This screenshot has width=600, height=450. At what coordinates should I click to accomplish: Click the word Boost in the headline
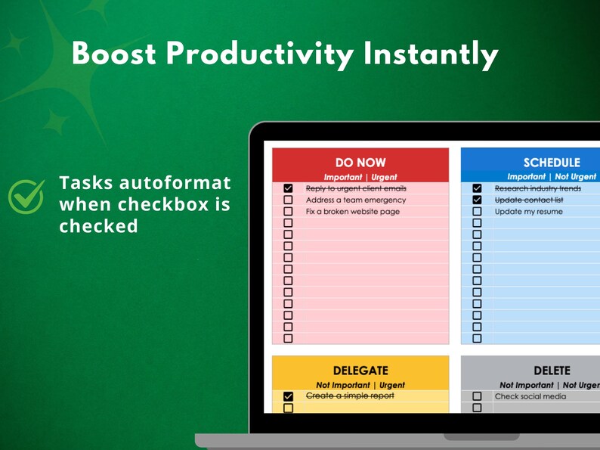point(113,54)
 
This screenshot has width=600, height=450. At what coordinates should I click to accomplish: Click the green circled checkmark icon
point(26,195)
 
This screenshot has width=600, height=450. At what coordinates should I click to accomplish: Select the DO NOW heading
point(360,163)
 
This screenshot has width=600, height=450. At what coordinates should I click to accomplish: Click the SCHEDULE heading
point(552,163)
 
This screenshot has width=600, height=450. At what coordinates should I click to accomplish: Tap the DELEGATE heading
point(360,371)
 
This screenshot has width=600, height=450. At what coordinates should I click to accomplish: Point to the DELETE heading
point(552,371)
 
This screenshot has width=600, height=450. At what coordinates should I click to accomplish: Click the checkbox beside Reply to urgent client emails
point(288,188)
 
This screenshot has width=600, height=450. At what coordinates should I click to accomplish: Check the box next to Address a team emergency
point(288,200)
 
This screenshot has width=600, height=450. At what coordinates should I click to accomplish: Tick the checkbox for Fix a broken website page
point(288,211)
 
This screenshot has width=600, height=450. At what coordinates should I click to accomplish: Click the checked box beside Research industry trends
point(477,188)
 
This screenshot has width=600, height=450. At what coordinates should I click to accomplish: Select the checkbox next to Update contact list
point(477,200)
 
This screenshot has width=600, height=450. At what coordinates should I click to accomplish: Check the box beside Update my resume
point(477,211)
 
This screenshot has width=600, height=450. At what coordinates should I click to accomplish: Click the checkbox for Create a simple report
point(288,396)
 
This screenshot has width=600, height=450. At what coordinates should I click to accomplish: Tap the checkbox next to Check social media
point(477,396)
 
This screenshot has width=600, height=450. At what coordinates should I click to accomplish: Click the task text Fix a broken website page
point(353,212)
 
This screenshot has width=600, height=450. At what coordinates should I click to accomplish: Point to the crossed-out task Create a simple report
point(350,396)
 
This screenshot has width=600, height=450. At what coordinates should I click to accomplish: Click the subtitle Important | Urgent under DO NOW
point(360,177)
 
